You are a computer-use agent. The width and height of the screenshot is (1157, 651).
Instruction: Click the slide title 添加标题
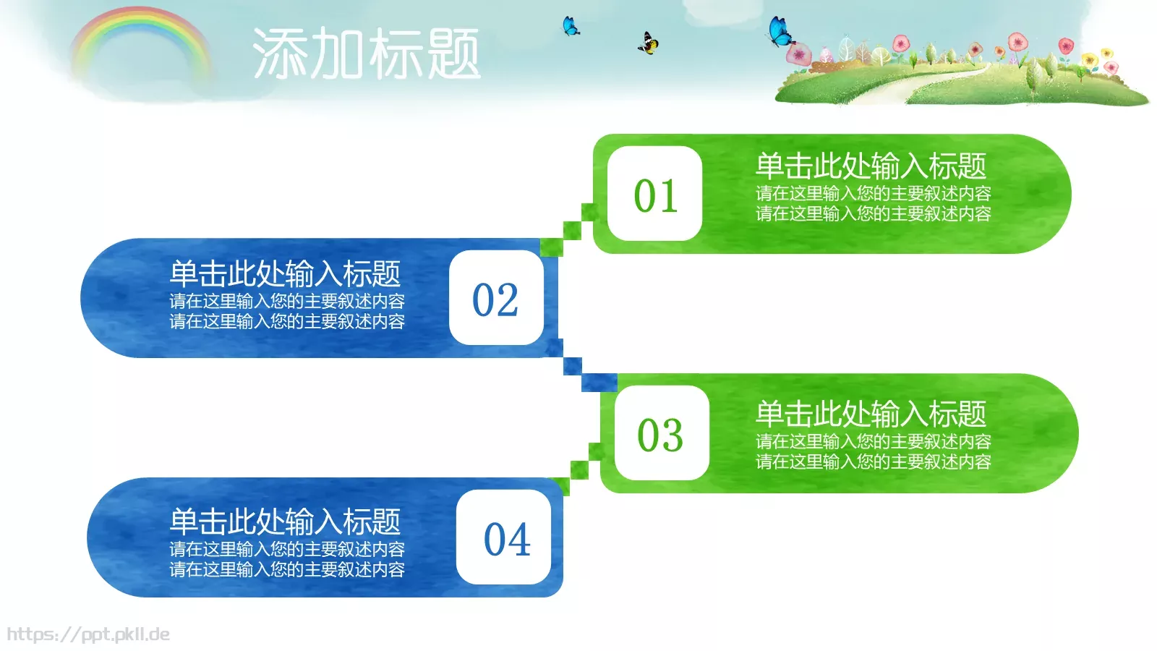point(366,54)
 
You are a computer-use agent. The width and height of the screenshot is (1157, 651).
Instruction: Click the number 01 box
point(655,194)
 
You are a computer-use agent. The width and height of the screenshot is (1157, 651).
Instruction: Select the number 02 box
point(496,298)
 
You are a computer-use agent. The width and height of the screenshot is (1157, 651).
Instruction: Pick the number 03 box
point(661,433)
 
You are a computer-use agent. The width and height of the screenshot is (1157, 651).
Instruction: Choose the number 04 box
point(504,537)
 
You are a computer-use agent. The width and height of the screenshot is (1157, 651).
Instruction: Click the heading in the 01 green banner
point(871,166)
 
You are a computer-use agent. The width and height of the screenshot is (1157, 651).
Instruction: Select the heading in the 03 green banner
point(871,414)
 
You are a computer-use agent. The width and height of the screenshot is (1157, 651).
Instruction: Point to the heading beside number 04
point(285,522)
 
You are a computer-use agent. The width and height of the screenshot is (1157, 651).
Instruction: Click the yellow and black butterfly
point(648,43)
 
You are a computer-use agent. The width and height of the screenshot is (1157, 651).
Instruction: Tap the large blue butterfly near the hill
point(780,32)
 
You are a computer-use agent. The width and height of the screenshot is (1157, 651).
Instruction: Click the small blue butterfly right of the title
point(571,27)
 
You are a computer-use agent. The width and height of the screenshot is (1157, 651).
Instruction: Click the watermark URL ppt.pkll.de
point(88,634)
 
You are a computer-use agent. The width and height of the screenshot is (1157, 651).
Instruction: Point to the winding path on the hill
point(933,80)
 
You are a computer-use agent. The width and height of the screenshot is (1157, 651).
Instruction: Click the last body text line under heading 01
point(873,214)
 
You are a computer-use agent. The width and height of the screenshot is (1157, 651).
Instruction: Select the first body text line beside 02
point(287,301)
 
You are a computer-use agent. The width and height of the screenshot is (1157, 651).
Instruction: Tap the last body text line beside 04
point(287,570)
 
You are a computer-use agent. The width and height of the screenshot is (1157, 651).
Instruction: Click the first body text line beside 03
point(873,441)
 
